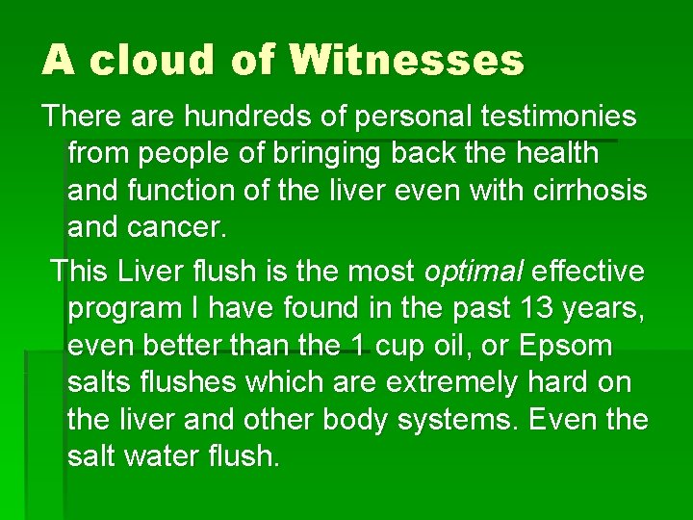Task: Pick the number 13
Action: pos(533,308)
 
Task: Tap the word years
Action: pos(603,308)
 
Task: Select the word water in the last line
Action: pos(169,455)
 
